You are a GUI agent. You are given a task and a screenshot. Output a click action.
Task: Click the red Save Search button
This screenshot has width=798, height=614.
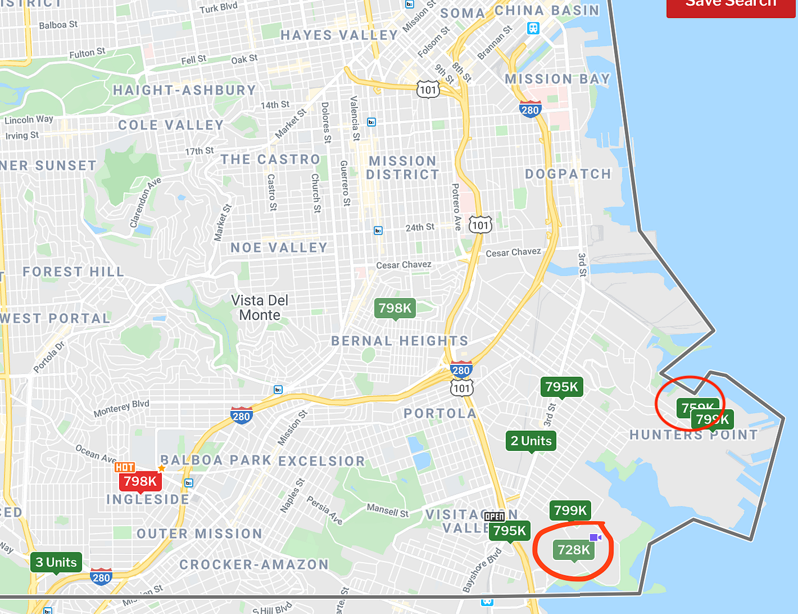pyautogui.click(x=731, y=6)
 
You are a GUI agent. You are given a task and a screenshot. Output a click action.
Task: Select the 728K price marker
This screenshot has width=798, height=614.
pyautogui.click(x=574, y=550)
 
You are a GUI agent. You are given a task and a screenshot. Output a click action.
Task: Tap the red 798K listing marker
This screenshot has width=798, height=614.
pyautogui.click(x=140, y=481)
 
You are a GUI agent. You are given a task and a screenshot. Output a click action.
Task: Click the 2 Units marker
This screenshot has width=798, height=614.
pyautogui.click(x=531, y=441)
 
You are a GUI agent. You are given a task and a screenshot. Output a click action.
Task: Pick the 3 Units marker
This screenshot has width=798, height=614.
pyautogui.click(x=56, y=562)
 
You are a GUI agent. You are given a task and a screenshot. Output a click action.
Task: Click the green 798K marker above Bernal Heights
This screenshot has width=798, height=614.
pyautogui.click(x=395, y=308)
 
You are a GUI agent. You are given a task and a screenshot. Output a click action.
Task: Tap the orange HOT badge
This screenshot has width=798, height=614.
pyautogui.click(x=125, y=467)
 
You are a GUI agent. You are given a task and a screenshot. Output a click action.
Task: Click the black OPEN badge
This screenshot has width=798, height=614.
pyautogui.click(x=494, y=517)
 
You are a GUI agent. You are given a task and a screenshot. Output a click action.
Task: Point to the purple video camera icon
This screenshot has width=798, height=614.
pyautogui.click(x=595, y=538)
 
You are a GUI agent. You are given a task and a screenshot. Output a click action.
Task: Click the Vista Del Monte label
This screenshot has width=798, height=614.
pyautogui.click(x=260, y=308)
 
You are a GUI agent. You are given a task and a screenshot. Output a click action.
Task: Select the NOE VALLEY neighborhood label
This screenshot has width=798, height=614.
pyautogui.click(x=279, y=248)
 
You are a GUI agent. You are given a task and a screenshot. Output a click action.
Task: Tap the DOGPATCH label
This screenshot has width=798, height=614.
pyautogui.click(x=568, y=174)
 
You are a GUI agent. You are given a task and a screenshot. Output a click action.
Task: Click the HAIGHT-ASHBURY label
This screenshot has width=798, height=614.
pyautogui.click(x=184, y=91)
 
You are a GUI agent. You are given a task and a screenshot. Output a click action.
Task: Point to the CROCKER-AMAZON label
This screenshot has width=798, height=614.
pyautogui.click(x=254, y=564)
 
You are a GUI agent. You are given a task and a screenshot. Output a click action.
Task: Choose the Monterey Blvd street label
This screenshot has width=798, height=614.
pyautogui.click(x=121, y=408)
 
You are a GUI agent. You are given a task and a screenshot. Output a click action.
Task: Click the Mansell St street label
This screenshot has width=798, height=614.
pyautogui.click(x=388, y=510)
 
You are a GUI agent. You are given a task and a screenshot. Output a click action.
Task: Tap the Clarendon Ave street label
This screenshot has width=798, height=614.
pyautogui.click(x=145, y=203)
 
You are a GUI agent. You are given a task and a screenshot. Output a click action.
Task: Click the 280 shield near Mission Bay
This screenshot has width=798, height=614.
pyautogui.click(x=530, y=110)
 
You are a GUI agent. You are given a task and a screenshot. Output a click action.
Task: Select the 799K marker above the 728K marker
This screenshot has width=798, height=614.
pyautogui.click(x=570, y=510)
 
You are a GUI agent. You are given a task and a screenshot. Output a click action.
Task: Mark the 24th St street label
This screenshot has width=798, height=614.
pyautogui.click(x=420, y=227)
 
